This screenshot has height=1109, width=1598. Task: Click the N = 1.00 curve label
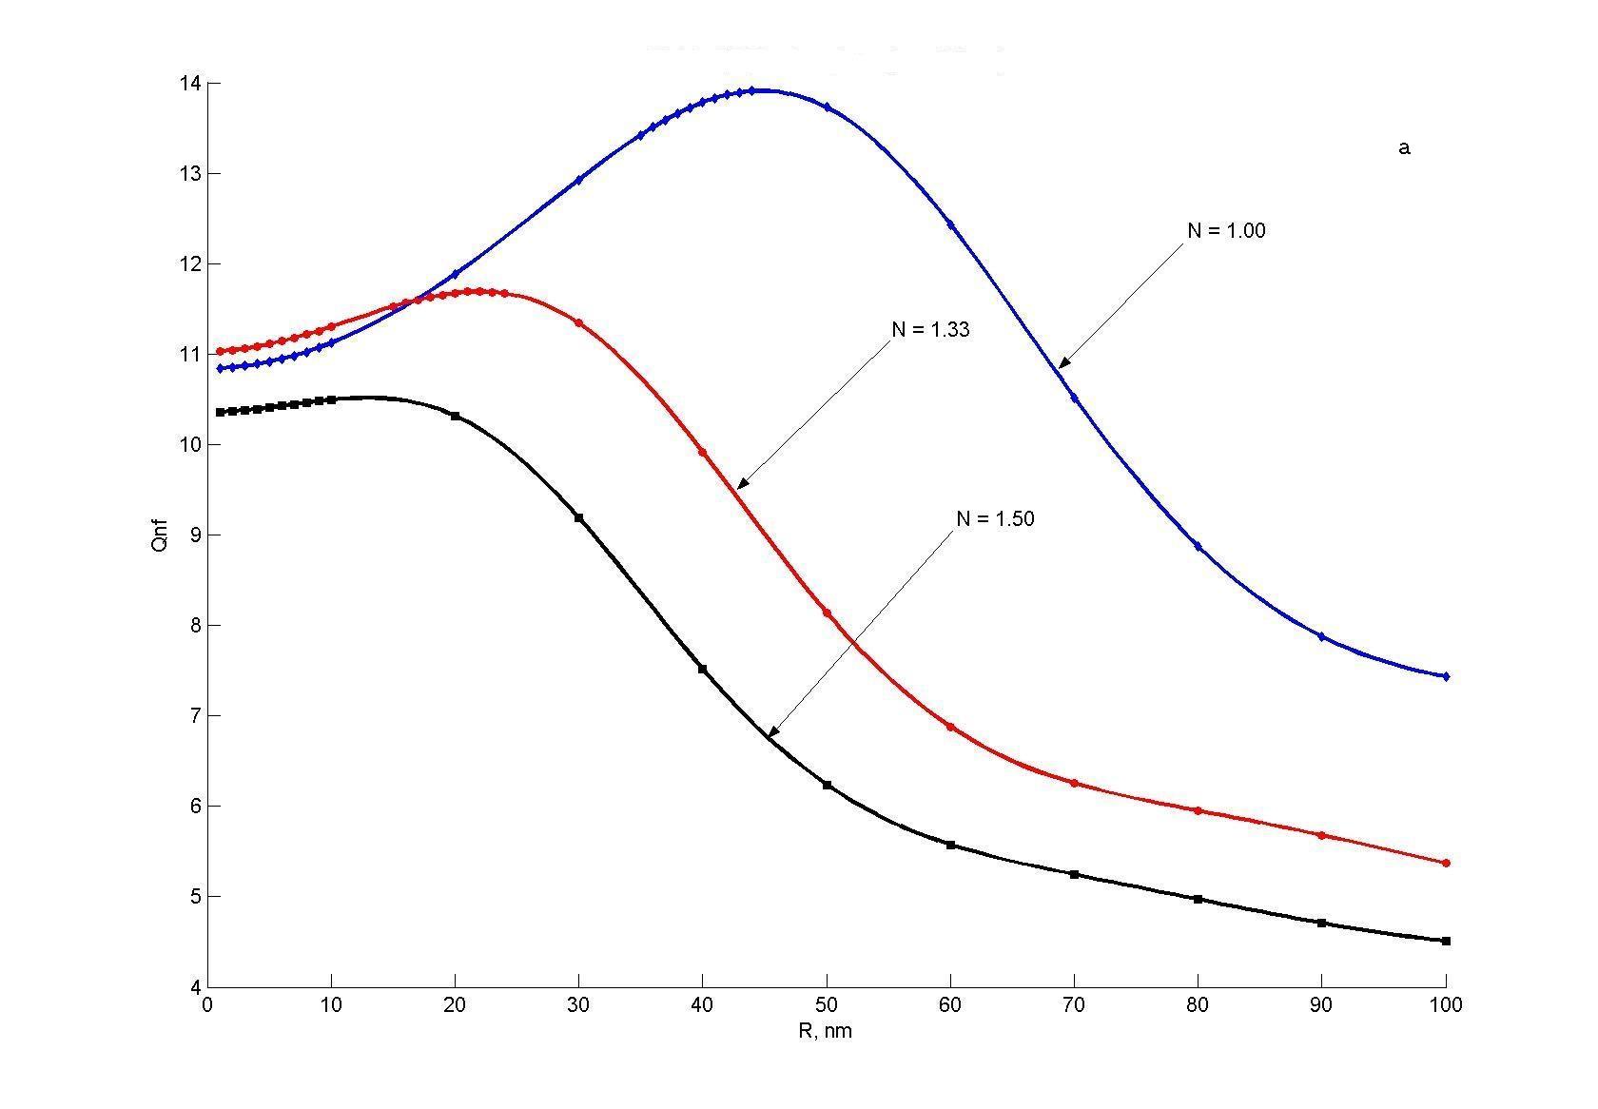1226,230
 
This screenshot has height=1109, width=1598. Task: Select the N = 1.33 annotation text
931,329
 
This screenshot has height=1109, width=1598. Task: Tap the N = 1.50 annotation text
995,518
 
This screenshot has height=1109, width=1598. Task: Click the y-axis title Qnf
161,535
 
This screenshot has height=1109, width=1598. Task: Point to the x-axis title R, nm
825,1031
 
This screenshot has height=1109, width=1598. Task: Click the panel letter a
1404,148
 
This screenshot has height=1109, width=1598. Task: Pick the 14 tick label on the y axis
190,84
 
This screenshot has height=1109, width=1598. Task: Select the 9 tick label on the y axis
196,535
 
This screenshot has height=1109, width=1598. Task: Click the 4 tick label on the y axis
196,987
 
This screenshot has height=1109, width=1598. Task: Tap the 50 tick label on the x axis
826,1005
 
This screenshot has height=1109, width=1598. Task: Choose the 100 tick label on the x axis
1446,1005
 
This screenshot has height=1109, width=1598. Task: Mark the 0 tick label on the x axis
207,1005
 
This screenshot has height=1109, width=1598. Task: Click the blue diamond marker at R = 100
1446,677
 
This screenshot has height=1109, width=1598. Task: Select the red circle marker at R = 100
1446,863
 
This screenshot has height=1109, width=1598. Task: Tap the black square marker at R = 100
1446,941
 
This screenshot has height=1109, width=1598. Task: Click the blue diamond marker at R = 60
950,224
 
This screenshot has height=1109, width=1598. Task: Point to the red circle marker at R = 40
702,452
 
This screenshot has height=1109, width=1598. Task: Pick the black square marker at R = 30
578,517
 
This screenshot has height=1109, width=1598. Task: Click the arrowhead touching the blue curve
1064,362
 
